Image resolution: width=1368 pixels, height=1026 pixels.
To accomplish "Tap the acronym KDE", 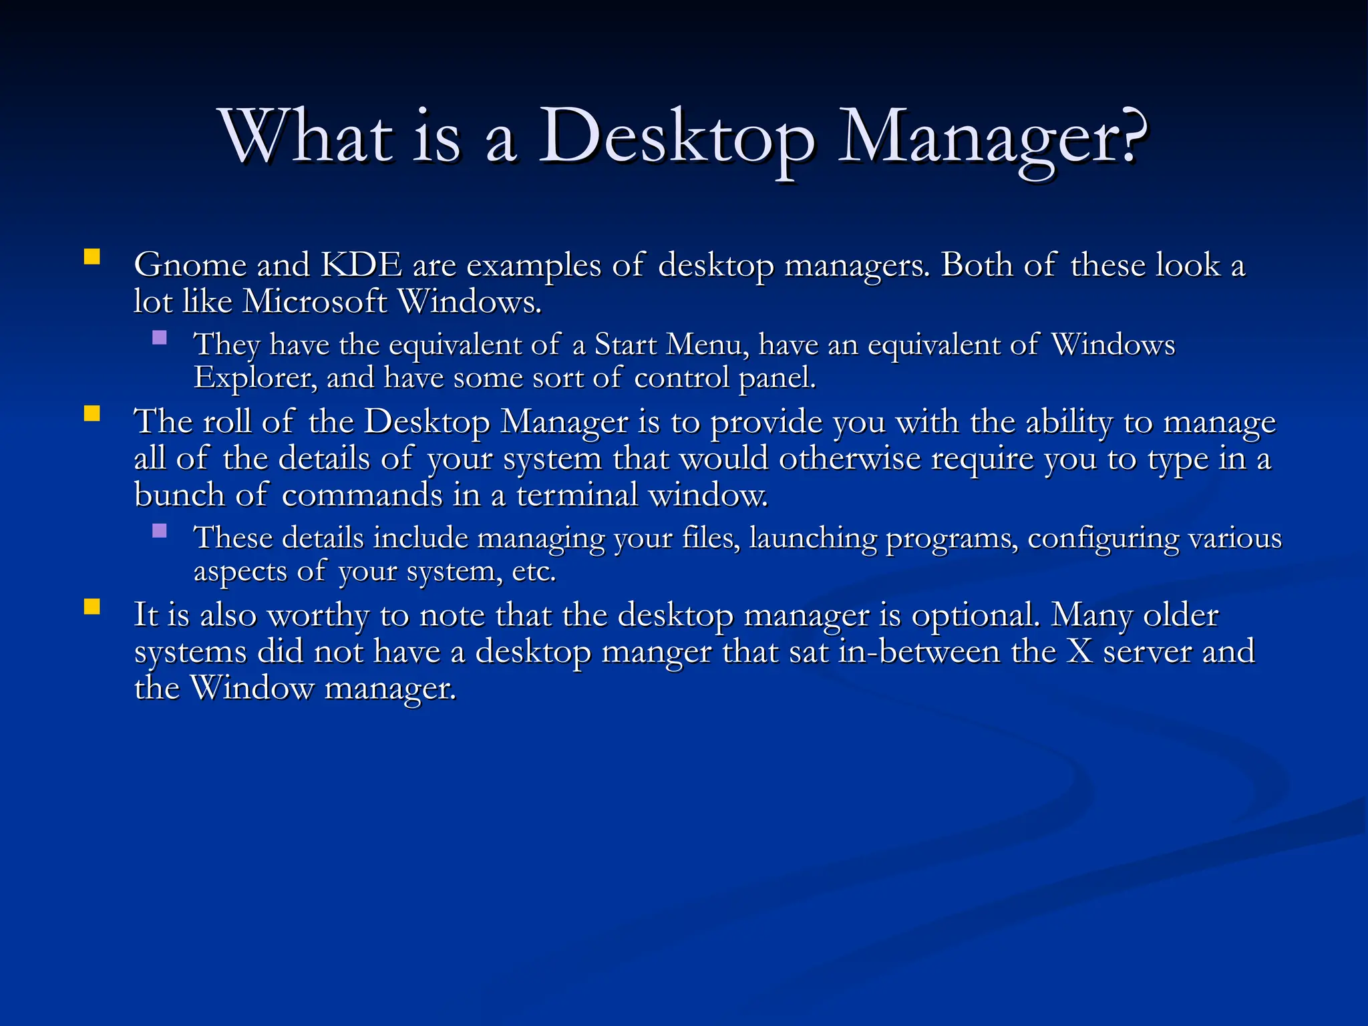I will [x=361, y=265].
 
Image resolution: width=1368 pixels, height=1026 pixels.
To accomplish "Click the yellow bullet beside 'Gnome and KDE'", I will [x=92, y=257].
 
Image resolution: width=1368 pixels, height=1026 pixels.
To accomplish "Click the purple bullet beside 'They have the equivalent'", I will [x=160, y=337].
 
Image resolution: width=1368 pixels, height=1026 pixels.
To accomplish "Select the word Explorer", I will [x=255, y=378].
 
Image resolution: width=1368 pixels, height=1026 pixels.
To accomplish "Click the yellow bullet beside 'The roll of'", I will [x=92, y=414].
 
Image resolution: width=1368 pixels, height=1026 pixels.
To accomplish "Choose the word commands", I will [x=361, y=496].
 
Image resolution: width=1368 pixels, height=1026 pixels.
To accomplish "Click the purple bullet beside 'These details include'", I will [x=160, y=531].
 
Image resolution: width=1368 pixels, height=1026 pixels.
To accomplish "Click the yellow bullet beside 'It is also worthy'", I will [x=92, y=607].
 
